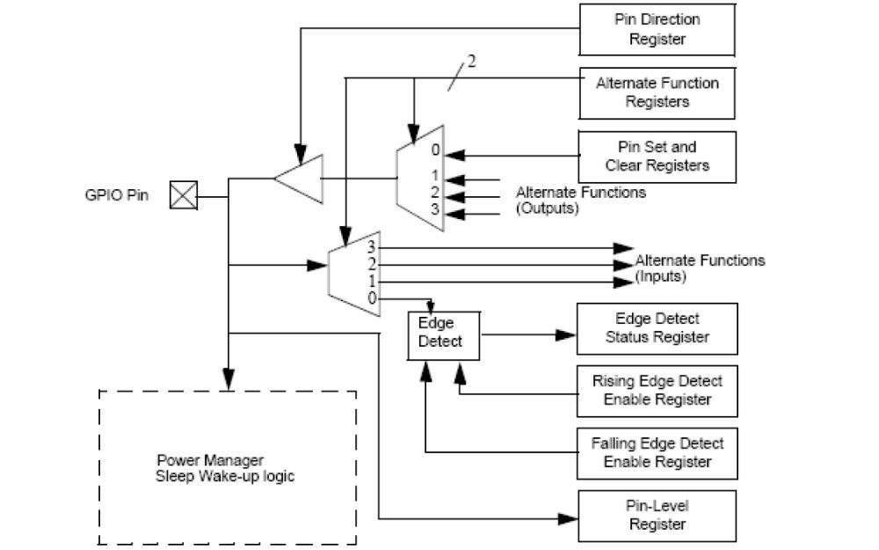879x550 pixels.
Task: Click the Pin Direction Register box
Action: click(657, 29)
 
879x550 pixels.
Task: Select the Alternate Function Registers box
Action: click(657, 93)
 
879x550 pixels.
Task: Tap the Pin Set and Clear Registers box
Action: click(657, 157)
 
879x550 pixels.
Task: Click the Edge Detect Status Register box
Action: click(657, 328)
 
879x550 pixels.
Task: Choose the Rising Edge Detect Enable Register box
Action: click(657, 391)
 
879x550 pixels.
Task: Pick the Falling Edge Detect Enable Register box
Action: click(657, 453)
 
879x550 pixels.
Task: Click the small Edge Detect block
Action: click(445, 334)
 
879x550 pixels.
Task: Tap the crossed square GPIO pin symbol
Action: click(184, 194)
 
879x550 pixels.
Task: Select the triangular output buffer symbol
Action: click(300, 179)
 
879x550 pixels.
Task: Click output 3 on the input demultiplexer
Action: click(371, 249)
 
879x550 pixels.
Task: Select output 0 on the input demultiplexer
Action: click(372, 298)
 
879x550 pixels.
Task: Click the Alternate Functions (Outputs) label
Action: click(581, 201)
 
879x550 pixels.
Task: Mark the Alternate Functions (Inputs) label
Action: click(700, 268)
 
